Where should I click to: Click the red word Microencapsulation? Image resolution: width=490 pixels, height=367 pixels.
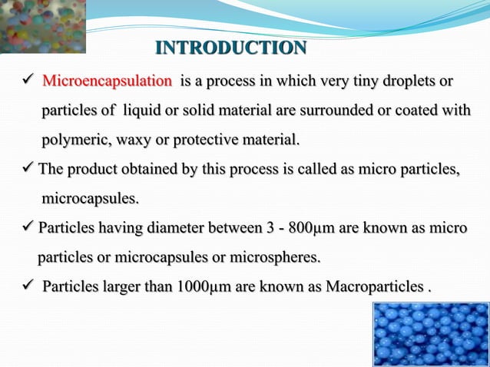tap(107, 81)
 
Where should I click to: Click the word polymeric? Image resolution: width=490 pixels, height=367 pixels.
tap(73, 141)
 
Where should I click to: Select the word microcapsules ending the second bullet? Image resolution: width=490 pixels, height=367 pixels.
tap(90, 199)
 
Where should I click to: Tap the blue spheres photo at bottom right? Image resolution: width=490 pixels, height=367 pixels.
tap(430, 334)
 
